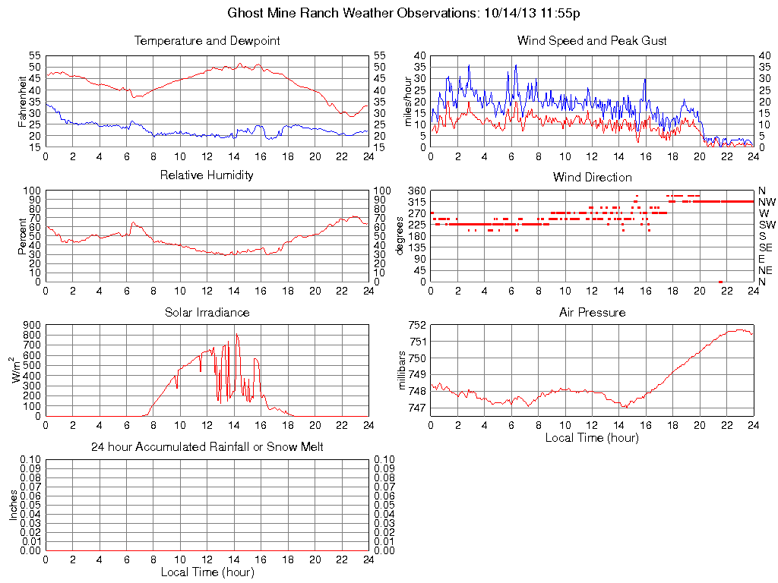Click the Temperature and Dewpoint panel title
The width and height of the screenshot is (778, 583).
[x=207, y=41]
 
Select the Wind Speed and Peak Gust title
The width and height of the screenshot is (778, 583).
[x=592, y=41]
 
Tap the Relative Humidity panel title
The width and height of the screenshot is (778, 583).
[x=207, y=175]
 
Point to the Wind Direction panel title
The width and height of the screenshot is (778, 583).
[x=592, y=178]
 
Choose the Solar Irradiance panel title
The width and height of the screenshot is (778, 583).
[x=207, y=313]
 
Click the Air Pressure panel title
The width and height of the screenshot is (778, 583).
[x=592, y=313]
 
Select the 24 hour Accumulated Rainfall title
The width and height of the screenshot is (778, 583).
[x=207, y=447]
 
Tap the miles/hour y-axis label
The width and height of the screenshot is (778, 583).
[x=408, y=101]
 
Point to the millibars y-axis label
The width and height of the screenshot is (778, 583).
[x=403, y=371]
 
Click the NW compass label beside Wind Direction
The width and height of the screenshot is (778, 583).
[x=767, y=202]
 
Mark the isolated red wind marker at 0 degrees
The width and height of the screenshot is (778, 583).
[x=720, y=282]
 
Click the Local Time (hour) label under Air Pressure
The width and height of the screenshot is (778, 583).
[x=592, y=438]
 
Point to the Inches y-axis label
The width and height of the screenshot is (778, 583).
[x=14, y=505]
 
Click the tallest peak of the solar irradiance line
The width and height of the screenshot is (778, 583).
[x=236, y=335]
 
